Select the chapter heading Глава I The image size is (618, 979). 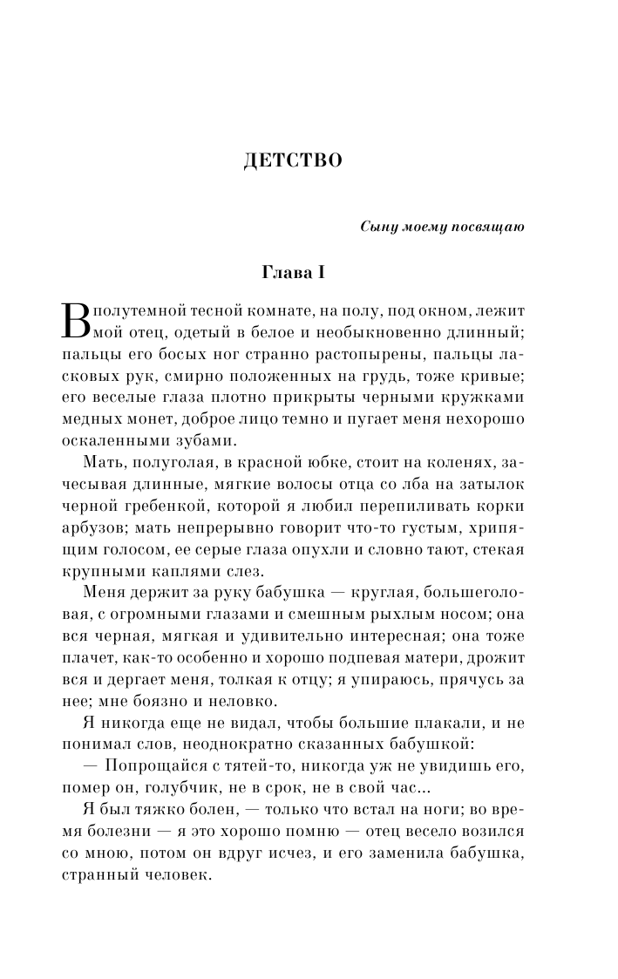tap(293, 273)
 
